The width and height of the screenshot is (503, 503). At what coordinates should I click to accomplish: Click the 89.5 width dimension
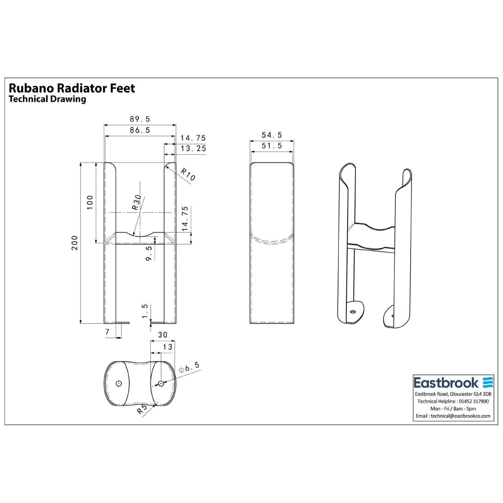[x=140, y=119]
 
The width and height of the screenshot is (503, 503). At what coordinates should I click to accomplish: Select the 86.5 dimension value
[x=140, y=130]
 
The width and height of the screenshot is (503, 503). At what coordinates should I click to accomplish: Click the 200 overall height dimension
[x=75, y=243]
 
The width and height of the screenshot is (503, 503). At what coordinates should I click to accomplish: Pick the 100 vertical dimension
[x=90, y=202]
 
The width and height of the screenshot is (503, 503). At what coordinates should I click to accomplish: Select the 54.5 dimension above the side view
[x=272, y=135]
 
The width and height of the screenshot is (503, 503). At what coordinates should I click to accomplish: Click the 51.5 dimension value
[x=272, y=146]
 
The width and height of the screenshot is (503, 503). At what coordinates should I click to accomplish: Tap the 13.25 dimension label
[x=193, y=148]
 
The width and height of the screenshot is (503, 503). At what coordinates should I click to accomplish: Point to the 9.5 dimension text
[x=149, y=253]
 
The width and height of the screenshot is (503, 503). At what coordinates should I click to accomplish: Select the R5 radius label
[x=142, y=409]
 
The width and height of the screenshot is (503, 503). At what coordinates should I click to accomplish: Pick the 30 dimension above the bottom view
[x=162, y=335]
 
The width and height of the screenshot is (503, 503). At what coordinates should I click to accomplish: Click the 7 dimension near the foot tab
[x=107, y=331]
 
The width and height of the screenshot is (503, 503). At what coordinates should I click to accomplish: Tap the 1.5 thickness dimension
[x=144, y=311]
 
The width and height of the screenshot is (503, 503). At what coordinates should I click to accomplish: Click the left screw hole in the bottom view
[x=119, y=384]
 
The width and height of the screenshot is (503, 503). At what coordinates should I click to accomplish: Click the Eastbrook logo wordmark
[x=446, y=382]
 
